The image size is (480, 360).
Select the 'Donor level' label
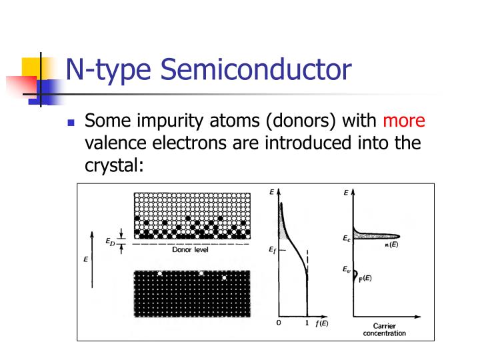[x=191, y=250]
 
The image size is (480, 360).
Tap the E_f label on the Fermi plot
[x=272, y=249]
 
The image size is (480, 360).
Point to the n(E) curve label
[x=392, y=245]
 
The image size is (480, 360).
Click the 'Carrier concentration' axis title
[x=388, y=329]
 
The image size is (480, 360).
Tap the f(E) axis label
[x=322, y=323]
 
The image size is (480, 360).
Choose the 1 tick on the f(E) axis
[x=307, y=323]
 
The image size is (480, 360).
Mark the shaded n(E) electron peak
[x=377, y=236]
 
